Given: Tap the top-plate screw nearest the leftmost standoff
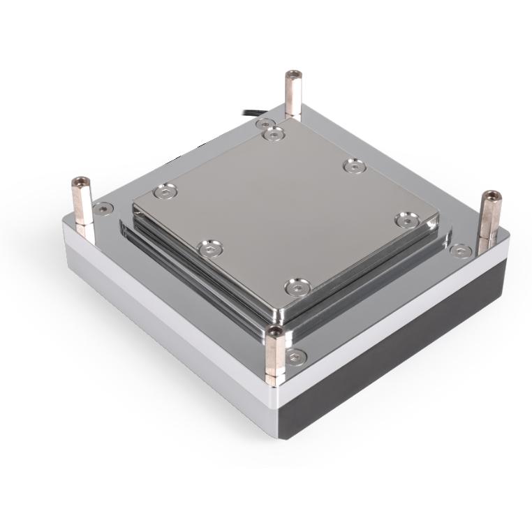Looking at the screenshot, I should click(x=163, y=189).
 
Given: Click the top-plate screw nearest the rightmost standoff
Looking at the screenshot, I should click(x=405, y=220).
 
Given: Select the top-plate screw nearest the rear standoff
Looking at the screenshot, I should click(x=274, y=132).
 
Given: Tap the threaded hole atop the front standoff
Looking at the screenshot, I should click(x=275, y=330).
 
